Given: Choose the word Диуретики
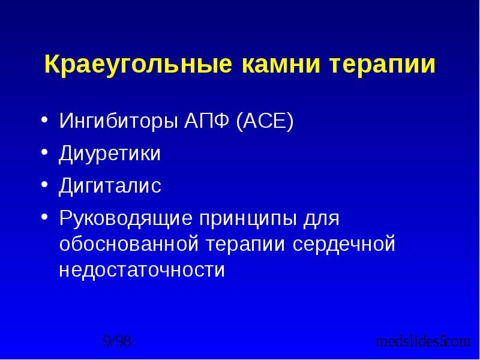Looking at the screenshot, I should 109,154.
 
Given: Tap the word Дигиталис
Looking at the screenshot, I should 110,185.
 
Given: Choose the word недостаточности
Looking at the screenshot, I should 142,270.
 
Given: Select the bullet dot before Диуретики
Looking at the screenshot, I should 45,152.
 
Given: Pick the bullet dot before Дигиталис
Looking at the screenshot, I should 45,183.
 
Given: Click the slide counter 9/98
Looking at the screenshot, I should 117,342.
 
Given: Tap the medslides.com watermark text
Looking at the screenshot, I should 422,342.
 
